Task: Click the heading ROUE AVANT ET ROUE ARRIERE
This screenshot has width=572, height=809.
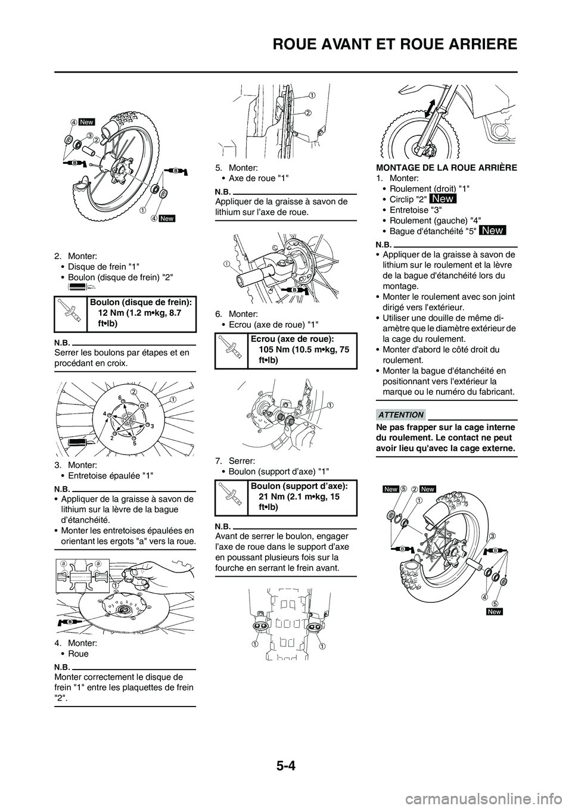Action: click(395, 45)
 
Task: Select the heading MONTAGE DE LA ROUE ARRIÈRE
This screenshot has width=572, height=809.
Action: click(446, 168)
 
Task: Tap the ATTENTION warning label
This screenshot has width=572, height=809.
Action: click(401, 415)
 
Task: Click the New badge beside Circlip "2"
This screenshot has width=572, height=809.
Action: click(443, 199)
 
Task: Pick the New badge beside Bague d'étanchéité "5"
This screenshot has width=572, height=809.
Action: click(493, 231)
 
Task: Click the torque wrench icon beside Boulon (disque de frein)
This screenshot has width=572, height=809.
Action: click(70, 313)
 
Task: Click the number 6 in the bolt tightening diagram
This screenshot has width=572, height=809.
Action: click(119, 397)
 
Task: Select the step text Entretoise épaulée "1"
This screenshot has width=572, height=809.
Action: click(110, 475)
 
